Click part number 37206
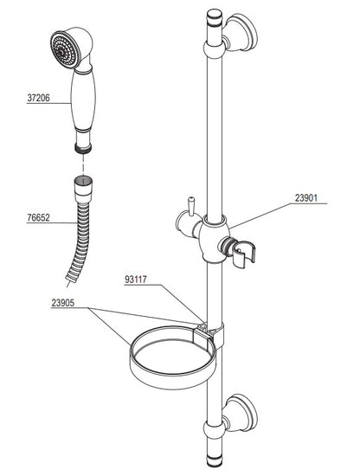pos(38,98)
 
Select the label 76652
pos(38,217)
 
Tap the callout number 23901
pos(306,198)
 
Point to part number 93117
pos(136,280)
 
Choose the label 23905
pos(63,303)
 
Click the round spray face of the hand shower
pos(64,50)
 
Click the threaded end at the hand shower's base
pos(83,148)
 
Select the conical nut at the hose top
pos(83,189)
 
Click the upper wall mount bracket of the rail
pos(241,34)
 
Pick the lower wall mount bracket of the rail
pos(241,414)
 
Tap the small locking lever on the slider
pos(191,207)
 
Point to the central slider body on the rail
pos(215,239)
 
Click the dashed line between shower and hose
pos(83,164)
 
